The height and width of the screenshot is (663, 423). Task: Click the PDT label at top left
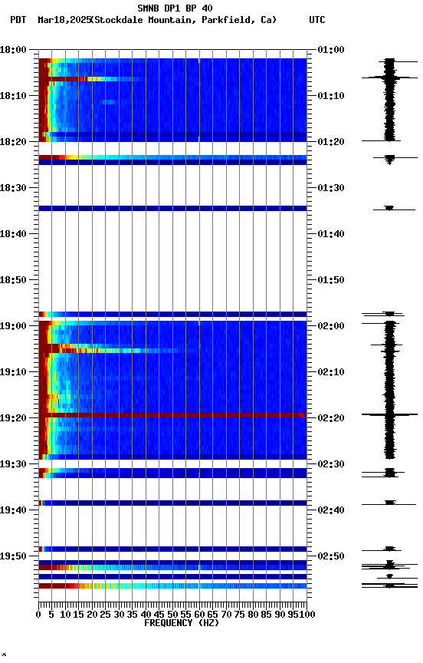(18, 20)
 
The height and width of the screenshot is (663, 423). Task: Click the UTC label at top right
(316, 20)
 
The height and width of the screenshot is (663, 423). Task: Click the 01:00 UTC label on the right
(330, 50)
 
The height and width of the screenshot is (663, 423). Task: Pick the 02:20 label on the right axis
(330, 418)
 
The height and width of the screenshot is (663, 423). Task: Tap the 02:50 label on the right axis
(330, 556)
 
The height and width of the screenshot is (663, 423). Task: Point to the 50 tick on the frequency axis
(172, 615)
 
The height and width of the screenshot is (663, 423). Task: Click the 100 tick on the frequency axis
(307, 615)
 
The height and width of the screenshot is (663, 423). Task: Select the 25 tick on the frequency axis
(105, 615)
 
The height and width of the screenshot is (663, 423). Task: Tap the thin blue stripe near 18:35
(172, 208)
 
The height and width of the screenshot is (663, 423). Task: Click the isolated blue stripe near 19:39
(172, 503)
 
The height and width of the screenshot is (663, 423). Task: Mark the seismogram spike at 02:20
(389, 414)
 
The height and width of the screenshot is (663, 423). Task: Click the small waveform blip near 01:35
(389, 208)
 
